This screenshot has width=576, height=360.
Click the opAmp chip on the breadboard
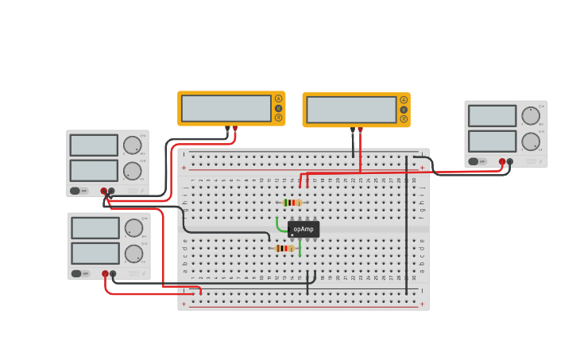coord(303,229)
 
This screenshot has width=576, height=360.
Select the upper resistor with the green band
coord(292,203)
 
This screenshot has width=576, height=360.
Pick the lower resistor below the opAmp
coord(284,249)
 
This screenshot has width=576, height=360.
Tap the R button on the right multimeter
coord(404,119)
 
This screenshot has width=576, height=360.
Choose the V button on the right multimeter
coord(404,110)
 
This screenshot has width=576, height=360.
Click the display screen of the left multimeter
coord(226,108)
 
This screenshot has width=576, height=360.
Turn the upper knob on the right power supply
coord(530,116)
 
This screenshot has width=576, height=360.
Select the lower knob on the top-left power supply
coord(132,171)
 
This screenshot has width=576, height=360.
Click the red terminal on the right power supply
coord(502,161)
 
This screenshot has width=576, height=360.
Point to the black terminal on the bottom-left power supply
coord(113,273)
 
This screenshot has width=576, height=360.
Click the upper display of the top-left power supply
coord(94,145)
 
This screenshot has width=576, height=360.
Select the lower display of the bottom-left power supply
coord(95,253)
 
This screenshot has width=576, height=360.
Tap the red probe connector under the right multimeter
coord(360,130)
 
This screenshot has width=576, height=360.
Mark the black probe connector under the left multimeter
coord(227,128)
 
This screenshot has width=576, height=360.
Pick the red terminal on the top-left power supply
coord(103,191)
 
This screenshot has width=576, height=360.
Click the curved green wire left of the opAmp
coord(279,226)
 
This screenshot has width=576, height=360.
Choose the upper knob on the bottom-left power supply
coord(133,227)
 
